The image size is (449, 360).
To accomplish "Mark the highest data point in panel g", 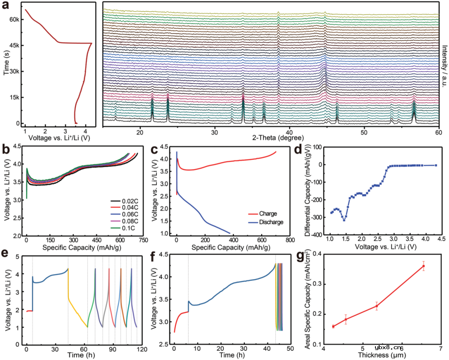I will point(423,266).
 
